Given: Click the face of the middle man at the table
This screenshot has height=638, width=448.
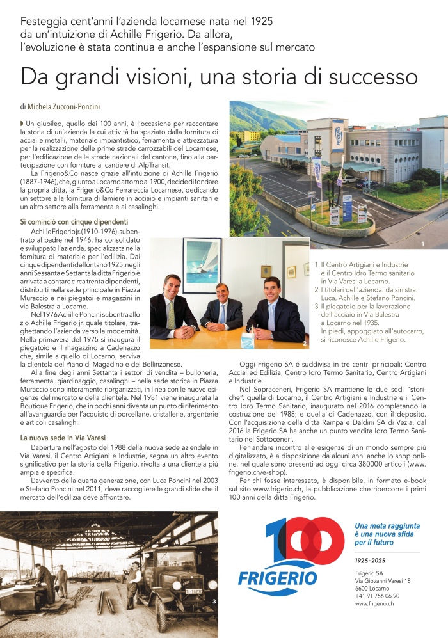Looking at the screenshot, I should click(x=221, y=294).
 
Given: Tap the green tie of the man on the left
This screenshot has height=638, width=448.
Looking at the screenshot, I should click(x=171, y=314).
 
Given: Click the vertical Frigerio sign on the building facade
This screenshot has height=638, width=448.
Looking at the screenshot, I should click(x=337, y=134).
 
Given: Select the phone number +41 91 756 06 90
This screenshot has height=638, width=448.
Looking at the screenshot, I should click(x=377, y=595).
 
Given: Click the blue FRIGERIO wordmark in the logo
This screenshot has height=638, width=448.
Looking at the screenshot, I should click(x=277, y=578).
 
